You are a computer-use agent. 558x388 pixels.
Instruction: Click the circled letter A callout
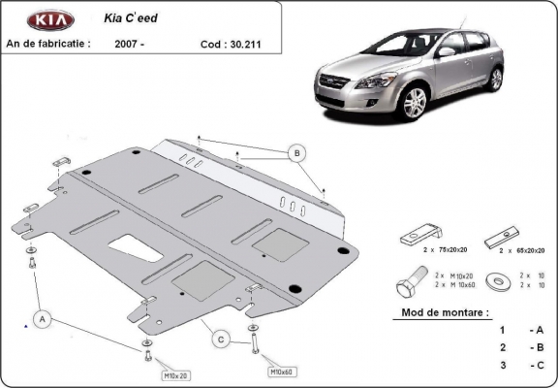click(43, 317)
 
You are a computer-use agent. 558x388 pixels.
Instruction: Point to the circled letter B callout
click(297, 152)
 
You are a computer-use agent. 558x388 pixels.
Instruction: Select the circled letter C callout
click(222, 339)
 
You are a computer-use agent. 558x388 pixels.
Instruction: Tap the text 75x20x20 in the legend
click(450, 250)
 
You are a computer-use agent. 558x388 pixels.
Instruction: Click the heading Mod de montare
click(445, 313)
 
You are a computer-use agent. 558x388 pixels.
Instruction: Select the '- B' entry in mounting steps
click(536, 346)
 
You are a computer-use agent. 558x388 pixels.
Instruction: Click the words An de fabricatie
click(48, 44)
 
